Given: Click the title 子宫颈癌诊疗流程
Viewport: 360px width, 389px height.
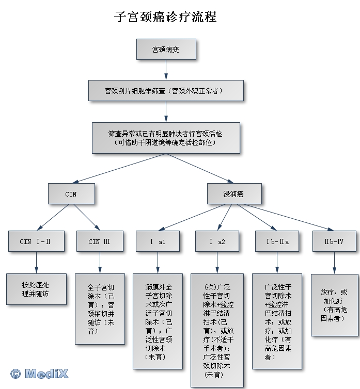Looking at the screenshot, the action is tap(165, 17).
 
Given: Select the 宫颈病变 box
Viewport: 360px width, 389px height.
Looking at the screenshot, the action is tap(166, 49).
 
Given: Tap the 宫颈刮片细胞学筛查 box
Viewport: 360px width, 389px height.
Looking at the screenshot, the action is tap(166, 91).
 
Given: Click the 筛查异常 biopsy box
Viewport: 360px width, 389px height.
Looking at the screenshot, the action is tap(166, 138).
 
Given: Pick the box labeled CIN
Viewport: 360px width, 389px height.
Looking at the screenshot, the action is tap(71, 194).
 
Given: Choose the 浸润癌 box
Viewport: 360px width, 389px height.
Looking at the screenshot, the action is tap(234, 194).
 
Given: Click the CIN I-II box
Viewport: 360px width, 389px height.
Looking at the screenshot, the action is tap(36, 241).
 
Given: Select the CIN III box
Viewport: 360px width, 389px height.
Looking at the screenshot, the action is tap(100, 241).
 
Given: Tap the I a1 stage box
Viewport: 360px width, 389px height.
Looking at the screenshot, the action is tap(158, 241).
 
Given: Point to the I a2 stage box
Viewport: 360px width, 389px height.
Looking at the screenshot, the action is tap(217, 241).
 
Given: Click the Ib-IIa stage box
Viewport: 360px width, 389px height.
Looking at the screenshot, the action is tap(277, 241).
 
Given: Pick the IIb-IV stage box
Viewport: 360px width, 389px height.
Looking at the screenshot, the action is tap(334, 241).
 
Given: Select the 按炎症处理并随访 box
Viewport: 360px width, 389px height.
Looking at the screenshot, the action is tap(36, 289).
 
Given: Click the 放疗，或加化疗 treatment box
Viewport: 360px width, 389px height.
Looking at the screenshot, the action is tap(334, 305).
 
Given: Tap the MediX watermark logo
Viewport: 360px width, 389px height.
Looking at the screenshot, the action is tap(39, 374).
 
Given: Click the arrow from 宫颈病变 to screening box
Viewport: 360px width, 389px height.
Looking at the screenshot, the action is tap(166, 70).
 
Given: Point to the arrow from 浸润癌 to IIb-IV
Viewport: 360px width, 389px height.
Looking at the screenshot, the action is tap(289, 218).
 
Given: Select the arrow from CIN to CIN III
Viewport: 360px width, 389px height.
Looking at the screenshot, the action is tap(87, 217).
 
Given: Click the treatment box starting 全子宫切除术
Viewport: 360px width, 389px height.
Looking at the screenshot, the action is tap(100, 309).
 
